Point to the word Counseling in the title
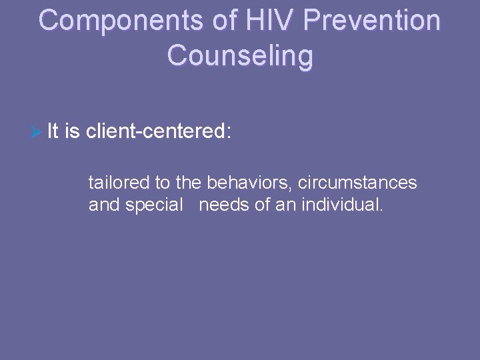240,56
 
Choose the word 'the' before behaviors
188,181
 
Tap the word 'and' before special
103,205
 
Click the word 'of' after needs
262,205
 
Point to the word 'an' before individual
287,205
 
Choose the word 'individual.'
344,205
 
